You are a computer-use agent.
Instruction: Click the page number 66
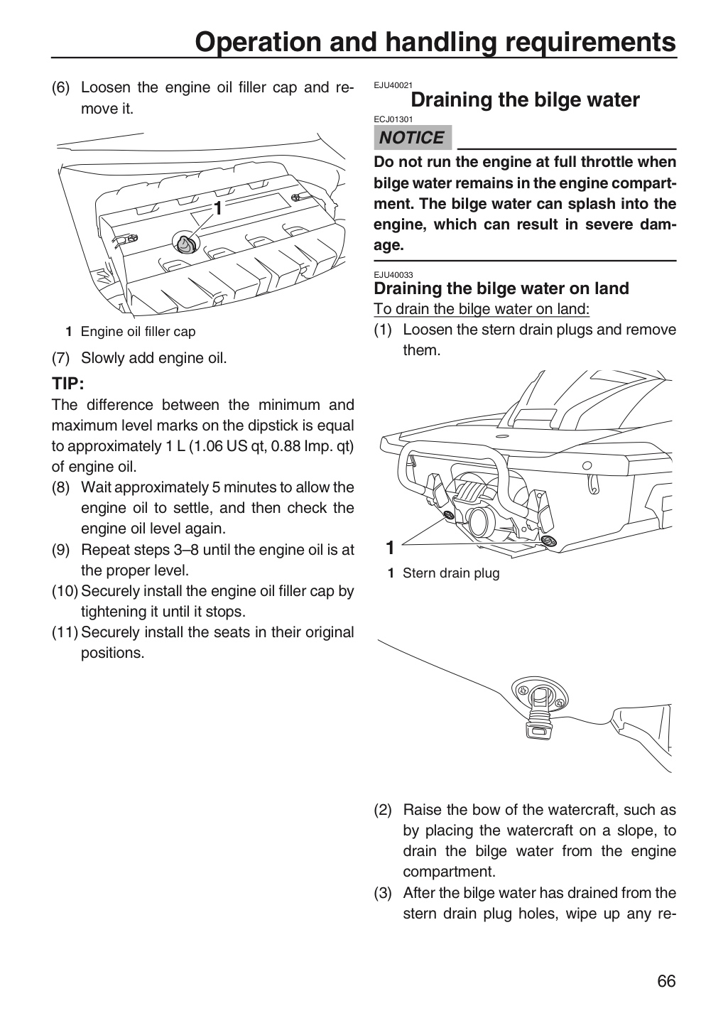tap(666, 982)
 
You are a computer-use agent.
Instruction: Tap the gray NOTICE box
tap(413, 138)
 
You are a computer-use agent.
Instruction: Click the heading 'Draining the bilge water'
tap(525, 100)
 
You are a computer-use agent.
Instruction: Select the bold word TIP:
tap(68, 384)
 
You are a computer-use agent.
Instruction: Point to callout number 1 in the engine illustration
tap(218, 208)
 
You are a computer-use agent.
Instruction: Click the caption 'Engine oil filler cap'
tap(138, 332)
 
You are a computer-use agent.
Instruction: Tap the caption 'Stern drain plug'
tap(451, 573)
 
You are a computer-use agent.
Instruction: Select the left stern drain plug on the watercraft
tap(448, 516)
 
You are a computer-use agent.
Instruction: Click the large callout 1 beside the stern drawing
tap(390, 547)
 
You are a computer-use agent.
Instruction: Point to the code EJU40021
tap(393, 85)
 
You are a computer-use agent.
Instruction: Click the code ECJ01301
tap(393, 119)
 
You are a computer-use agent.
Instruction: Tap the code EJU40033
tap(393, 275)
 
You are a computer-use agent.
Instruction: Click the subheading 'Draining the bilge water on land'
tap(501, 288)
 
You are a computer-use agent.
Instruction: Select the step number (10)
tap(65, 591)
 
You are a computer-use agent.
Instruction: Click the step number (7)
tap(60, 358)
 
